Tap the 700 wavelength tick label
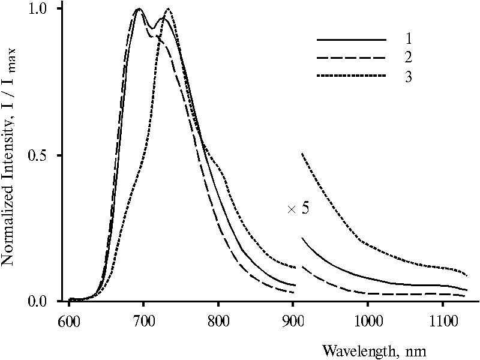coord(143,316)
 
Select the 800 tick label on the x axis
coord(218,316)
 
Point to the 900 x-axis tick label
coord(293,316)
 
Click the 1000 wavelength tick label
coord(367,316)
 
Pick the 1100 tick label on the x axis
coord(442,316)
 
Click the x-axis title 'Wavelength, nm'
coord(374,349)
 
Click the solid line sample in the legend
coord(351,40)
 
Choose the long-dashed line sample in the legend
coord(351,58)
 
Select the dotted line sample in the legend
coord(351,77)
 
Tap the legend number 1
coord(408,40)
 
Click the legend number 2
coord(408,58)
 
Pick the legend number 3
coord(408,77)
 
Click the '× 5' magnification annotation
coord(298,209)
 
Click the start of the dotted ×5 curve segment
coord(302,154)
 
